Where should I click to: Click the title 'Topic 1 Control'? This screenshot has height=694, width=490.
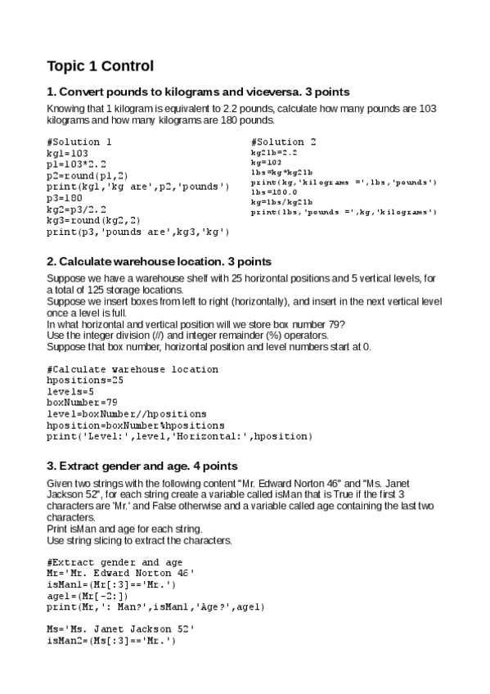100,65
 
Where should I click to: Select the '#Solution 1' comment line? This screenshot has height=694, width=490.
79,142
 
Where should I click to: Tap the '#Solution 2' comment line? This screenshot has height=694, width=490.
284,142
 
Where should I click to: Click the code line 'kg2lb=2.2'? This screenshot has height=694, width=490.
274,152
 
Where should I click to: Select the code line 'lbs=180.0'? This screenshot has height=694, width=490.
274,192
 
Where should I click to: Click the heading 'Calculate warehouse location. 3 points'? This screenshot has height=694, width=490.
159,261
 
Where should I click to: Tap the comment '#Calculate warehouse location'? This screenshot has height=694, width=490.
133,369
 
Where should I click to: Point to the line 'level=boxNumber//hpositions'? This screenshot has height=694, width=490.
127,414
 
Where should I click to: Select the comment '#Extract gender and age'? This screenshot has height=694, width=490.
115,562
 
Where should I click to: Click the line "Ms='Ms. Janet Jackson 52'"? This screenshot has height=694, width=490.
120,629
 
